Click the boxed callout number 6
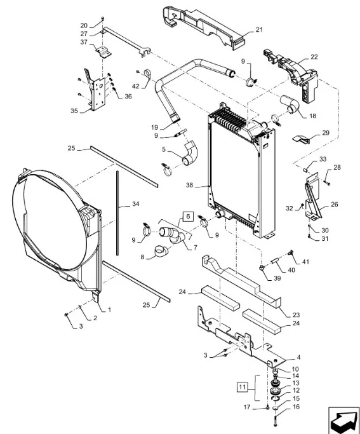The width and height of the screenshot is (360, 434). (188, 216)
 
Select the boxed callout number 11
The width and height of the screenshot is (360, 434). (242, 387)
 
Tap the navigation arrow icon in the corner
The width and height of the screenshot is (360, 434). (343, 421)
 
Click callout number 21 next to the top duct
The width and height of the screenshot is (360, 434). (259, 30)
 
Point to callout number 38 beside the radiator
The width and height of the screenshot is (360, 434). (189, 185)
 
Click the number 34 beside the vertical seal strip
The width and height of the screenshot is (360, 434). (135, 204)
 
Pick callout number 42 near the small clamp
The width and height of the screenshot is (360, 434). (136, 86)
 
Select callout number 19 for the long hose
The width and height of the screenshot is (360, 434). (154, 127)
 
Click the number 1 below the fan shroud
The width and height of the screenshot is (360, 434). (109, 309)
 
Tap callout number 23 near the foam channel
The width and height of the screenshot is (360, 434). (296, 315)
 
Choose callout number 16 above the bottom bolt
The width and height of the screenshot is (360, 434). (296, 407)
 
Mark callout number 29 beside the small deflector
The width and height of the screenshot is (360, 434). (326, 133)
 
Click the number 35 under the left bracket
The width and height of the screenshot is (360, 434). (74, 111)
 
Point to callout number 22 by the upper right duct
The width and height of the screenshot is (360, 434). (314, 57)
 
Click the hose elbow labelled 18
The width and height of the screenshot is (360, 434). (290, 104)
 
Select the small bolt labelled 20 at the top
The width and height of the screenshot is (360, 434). (103, 18)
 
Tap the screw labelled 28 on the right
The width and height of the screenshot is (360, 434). (326, 182)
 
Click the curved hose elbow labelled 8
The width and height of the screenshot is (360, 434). (161, 251)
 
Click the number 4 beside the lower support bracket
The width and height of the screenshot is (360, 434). (298, 357)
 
